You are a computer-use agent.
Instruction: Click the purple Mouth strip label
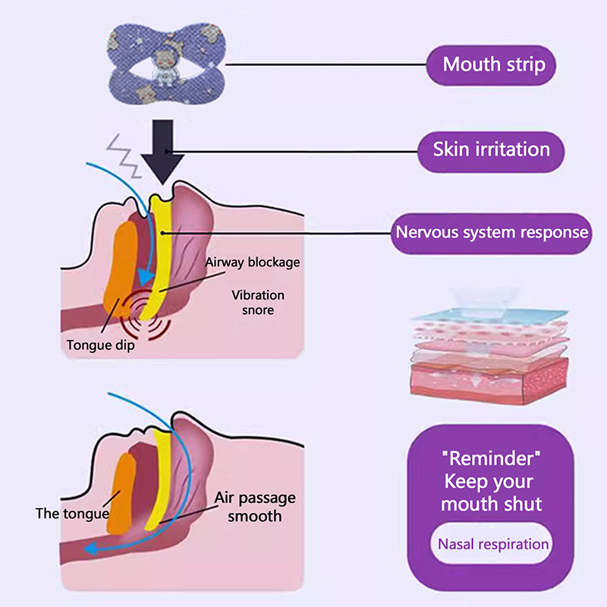click(493, 64)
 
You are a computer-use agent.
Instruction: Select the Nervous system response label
click(492, 231)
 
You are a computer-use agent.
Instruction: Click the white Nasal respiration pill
click(492, 543)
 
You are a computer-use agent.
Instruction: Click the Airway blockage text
click(252, 263)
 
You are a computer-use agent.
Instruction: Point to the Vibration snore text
click(259, 302)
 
